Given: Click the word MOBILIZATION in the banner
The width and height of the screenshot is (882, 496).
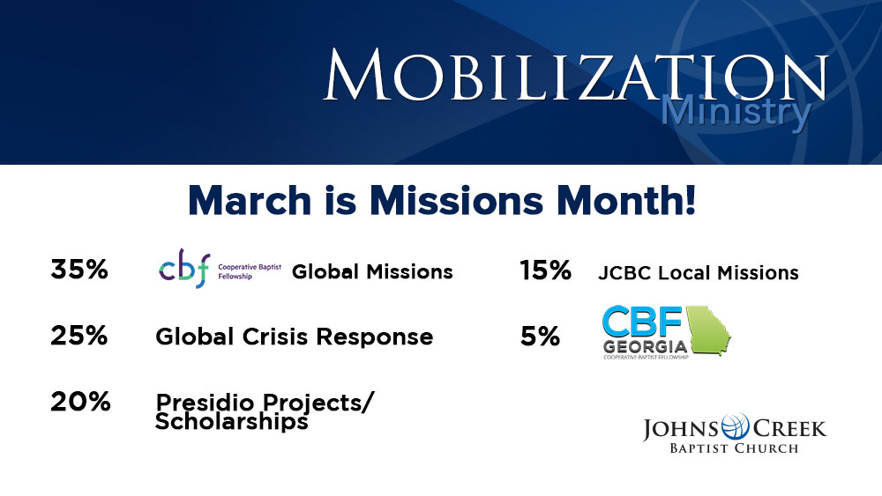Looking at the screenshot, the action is coord(576,75).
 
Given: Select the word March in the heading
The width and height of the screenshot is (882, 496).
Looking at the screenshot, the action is coord(250,200).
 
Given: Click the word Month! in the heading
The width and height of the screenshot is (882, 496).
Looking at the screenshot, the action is coord(625,200).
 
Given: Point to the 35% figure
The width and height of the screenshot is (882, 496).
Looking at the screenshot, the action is coord(79,270).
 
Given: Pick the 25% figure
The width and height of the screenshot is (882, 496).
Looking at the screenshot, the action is coord(78,336).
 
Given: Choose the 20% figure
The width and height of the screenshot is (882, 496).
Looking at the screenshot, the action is coord(80,402).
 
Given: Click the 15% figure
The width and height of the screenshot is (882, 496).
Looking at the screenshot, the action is coord(545,270).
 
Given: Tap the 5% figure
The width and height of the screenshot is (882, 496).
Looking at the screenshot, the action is coord(540,336).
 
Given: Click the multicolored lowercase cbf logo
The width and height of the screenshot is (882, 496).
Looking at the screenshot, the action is coord(184,269).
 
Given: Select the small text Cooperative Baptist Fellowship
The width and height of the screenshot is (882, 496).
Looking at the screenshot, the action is coord(250,271).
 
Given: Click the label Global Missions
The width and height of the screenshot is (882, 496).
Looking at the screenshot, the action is coord(372,272).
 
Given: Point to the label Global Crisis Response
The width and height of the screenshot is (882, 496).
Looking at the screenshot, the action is coord(295,337).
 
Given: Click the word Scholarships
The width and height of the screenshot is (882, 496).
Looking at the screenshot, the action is coord(232,421).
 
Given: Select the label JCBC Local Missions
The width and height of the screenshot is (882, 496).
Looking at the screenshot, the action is coord(698,273).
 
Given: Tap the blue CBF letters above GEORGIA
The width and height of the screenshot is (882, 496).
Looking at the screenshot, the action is coord(642,322).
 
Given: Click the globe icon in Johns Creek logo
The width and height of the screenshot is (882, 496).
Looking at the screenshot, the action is coord(736,427).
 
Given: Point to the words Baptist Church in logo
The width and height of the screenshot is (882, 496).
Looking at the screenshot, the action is coord(734,448).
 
